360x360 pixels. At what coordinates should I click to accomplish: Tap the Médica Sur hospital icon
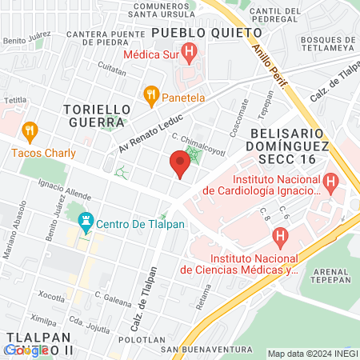point(190,54)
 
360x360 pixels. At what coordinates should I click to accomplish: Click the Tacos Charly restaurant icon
point(30,130)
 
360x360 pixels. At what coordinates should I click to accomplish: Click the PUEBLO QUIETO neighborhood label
point(206,33)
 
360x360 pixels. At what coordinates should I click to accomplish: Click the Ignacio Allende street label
point(61,190)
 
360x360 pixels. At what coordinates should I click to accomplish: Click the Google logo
point(26,350)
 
